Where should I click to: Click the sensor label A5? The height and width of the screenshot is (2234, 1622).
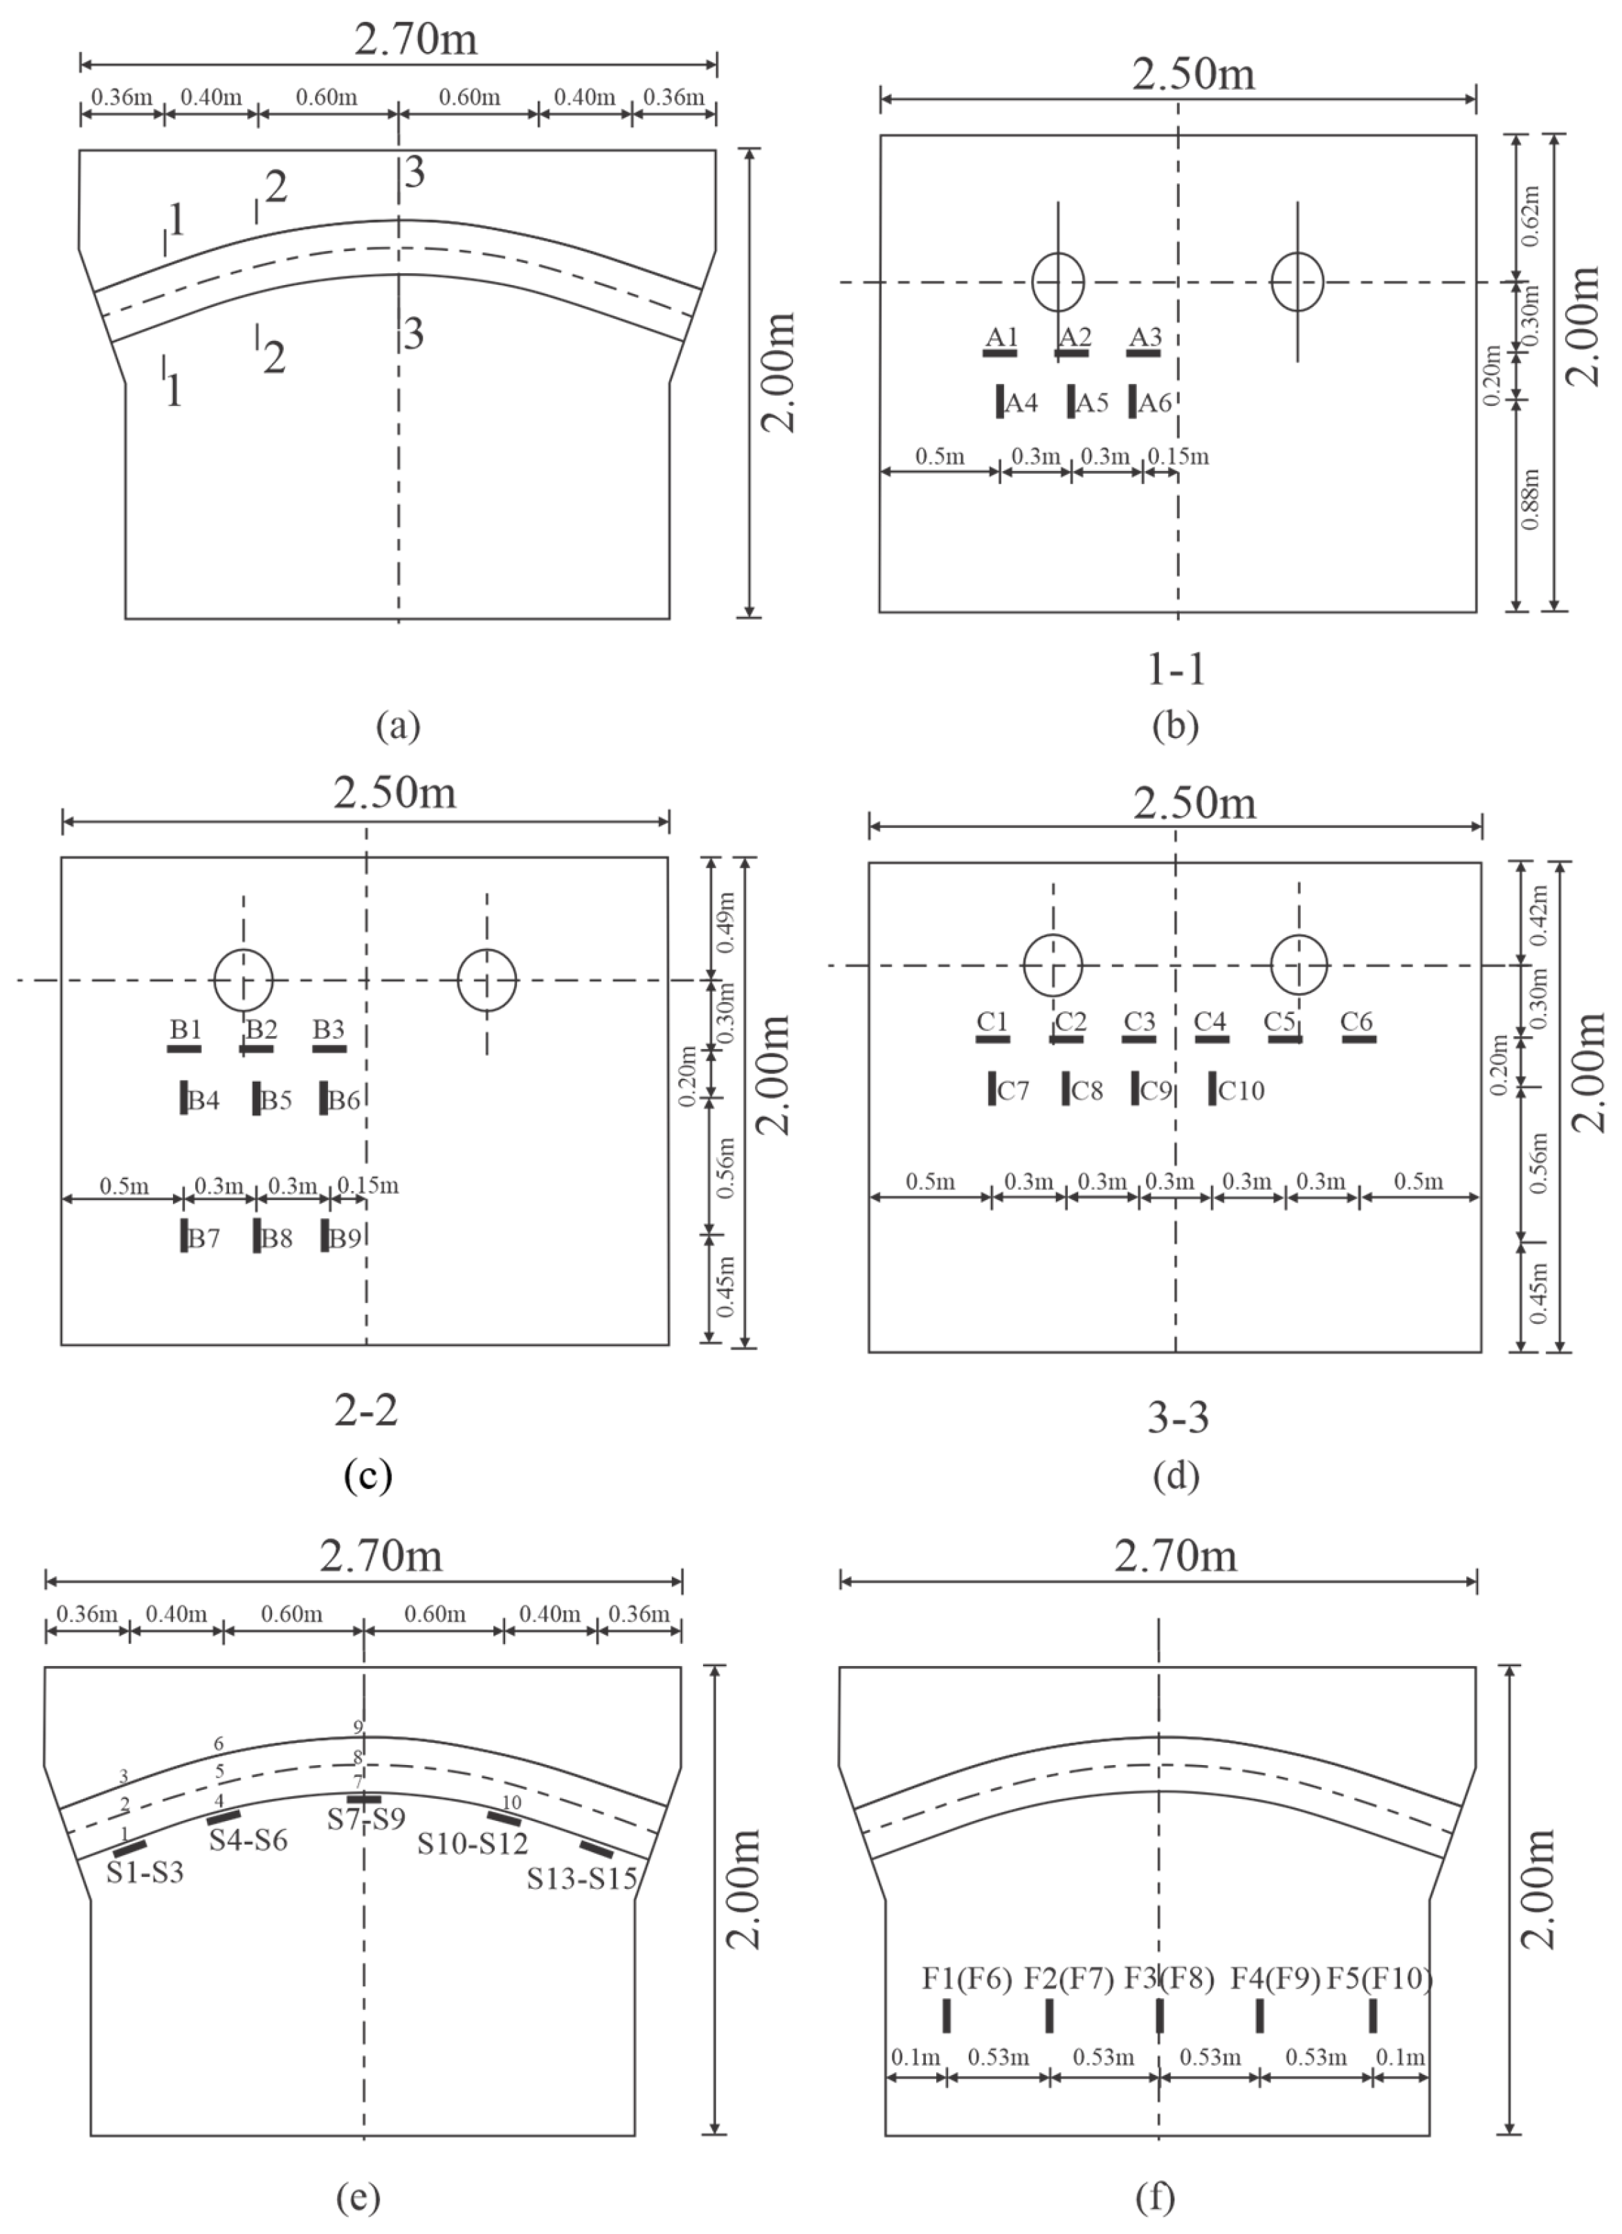pos(1092,402)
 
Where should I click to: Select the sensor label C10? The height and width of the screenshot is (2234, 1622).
pos(1241,1091)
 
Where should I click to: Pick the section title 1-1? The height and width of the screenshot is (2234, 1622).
pos(1176,670)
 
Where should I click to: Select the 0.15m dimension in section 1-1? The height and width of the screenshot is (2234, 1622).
pos(1178,456)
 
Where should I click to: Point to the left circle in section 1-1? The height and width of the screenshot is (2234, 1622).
pos(1057,281)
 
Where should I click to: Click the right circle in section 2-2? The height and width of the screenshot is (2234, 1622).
pos(486,980)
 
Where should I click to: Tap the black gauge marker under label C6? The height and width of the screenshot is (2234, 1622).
pos(1359,1039)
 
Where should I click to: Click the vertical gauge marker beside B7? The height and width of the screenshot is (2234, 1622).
pos(184,1235)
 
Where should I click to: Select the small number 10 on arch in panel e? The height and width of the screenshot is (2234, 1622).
pos(511,1802)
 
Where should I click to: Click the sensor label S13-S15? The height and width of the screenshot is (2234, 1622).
pos(581,1877)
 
